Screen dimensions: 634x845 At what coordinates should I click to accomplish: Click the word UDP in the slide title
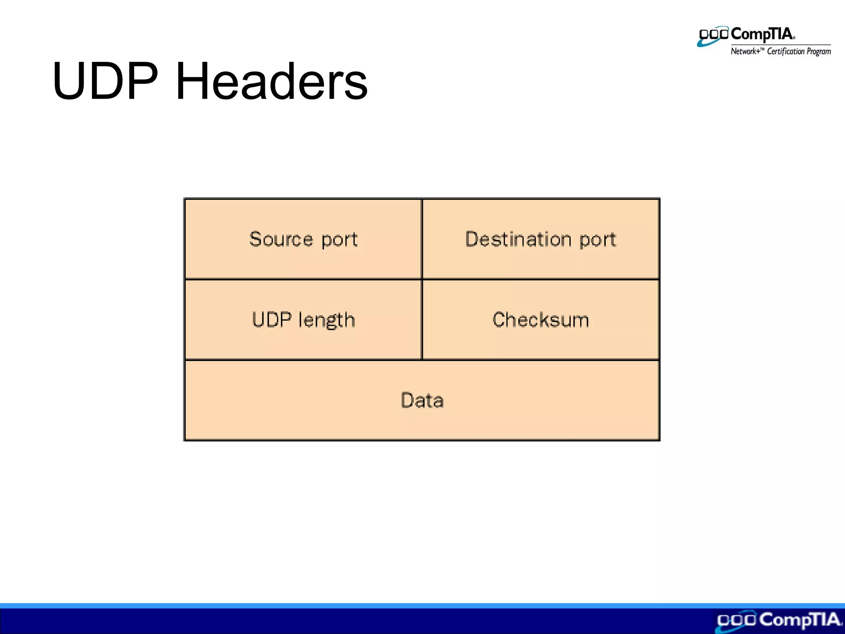[x=105, y=81]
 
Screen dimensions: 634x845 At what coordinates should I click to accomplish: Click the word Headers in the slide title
[x=271, y=81]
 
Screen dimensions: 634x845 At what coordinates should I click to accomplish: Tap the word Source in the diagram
[x=281, y=239]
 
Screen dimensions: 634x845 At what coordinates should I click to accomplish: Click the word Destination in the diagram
[x=518, y=239]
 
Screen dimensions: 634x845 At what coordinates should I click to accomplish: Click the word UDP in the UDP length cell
[x=271, y=320]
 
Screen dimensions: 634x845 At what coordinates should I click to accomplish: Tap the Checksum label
[x=541, y=320]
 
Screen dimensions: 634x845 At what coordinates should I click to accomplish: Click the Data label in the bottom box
[x=422, y=400]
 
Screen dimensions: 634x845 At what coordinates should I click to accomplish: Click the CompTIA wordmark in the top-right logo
[x=762, y=34]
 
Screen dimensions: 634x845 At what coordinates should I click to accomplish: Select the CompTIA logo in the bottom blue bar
[x=778, y=620]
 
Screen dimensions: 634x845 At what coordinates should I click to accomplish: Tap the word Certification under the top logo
[x=786, y=52]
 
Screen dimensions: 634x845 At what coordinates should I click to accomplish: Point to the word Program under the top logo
[x=819, y=52]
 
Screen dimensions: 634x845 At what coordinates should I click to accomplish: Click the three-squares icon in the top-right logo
[x=713, y=35]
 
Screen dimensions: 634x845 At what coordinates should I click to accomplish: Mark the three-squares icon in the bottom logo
[x=736, y=620]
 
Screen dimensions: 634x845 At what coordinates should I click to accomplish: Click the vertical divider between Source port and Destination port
[x=422, y=239]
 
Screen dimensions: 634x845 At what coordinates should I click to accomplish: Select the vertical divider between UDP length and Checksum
[x=422, y=319]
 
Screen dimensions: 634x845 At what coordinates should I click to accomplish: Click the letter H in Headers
[x=191, y=81]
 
